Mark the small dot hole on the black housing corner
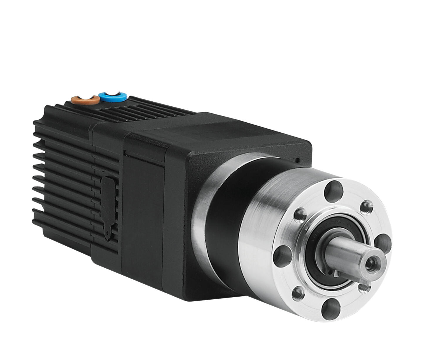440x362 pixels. tap(297, 160)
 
